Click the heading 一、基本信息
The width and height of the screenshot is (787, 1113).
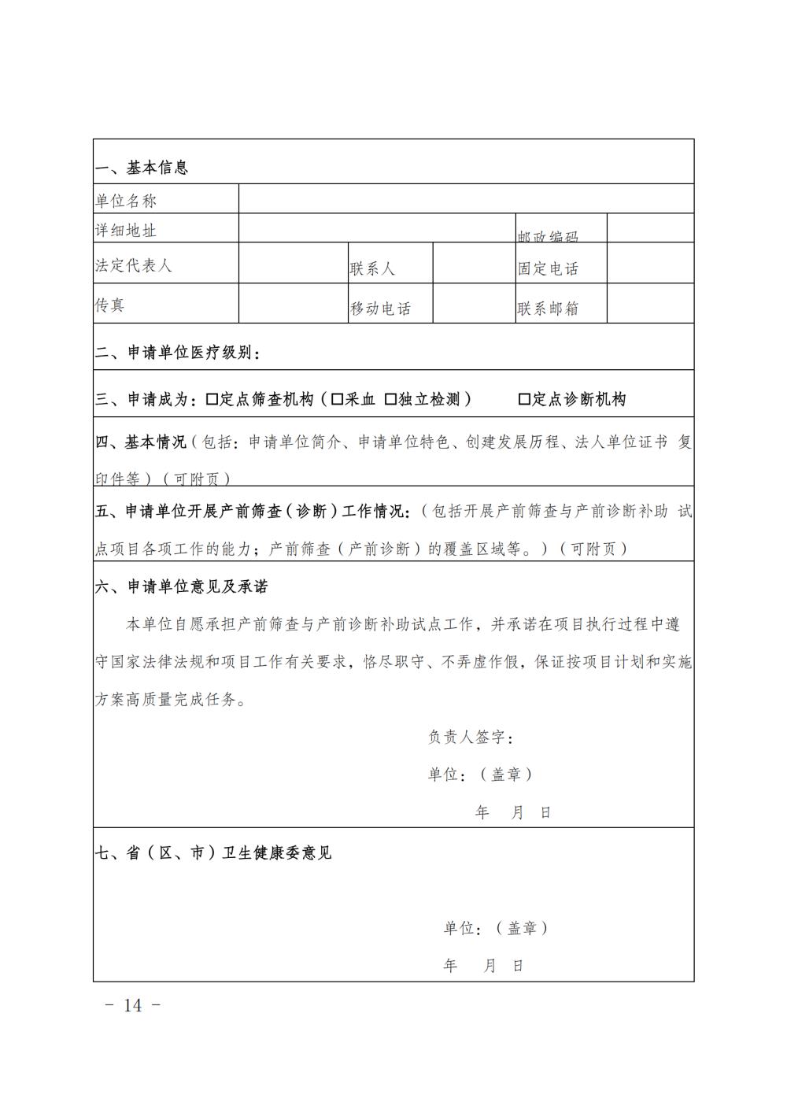[142, 168]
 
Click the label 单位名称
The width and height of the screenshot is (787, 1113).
[126, 201]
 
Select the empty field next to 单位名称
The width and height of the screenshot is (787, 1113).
[466, 199]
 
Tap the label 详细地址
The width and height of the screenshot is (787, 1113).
[126, 230]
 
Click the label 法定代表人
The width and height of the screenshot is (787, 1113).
[133, 265]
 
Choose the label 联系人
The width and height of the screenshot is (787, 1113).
[372, 268]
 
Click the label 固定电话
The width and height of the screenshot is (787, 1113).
[548, 268]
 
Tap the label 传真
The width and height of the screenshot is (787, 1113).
[110, 305]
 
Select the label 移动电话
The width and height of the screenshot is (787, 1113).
[380, 309]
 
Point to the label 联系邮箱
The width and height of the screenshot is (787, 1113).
[548, 309]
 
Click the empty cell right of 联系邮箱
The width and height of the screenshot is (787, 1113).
[650, 304]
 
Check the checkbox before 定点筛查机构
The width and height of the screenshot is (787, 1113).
[212, 399]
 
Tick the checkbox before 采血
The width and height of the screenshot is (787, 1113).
[337, 399]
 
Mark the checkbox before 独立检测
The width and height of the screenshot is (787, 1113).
[390, 399]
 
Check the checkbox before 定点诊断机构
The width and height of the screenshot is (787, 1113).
[524, 399]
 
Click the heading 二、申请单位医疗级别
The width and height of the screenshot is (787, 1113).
[178, 353]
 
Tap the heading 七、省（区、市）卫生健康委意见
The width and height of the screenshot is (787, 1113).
[213, 852]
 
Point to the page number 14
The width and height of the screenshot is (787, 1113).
[133, 1005]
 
